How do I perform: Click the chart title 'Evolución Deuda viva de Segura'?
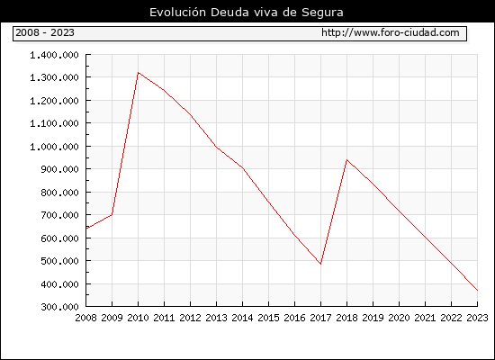247,13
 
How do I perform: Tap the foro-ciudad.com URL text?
391,32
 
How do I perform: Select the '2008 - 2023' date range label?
45,32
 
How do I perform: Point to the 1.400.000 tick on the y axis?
54,55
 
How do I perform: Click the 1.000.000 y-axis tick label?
54,147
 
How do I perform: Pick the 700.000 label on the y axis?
59,215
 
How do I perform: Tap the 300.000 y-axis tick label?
59,307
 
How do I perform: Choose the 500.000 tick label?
59,261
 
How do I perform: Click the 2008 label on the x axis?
85,318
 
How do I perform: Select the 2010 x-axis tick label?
138,318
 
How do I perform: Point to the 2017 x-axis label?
320,318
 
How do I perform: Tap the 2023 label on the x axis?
477,318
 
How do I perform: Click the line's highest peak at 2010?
139,73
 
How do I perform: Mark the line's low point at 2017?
320,264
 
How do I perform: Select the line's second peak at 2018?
346,160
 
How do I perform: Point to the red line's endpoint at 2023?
477,290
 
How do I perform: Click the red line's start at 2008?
86,228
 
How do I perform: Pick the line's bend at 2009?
112,215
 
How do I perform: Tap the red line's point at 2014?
242,167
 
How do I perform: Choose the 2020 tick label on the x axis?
399,318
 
